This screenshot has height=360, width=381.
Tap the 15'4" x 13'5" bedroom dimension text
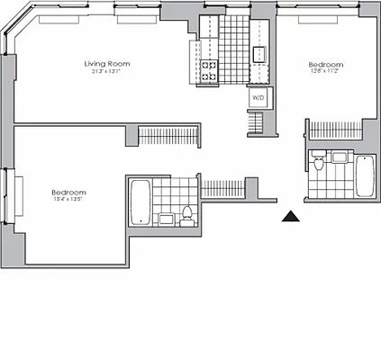click(x=68, y=201)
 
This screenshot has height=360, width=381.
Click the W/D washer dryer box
click(x=257, y=97)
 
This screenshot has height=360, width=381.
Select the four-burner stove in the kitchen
click(x=209, y=70)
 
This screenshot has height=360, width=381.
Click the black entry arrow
click(x=290, y=216)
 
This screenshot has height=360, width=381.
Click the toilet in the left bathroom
click(x=186, y=214)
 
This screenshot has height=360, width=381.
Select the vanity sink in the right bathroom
click(x=340, y=158)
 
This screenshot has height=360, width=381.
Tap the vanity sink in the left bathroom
click(x=168, y=219)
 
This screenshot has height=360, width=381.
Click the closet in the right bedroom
click(x=334, y=130)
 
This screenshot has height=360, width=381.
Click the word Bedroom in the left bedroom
click(x=68, y=193)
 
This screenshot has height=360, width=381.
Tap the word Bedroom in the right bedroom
click(x=325, y=64)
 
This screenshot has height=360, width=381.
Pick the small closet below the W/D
click(x=258, y=121)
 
